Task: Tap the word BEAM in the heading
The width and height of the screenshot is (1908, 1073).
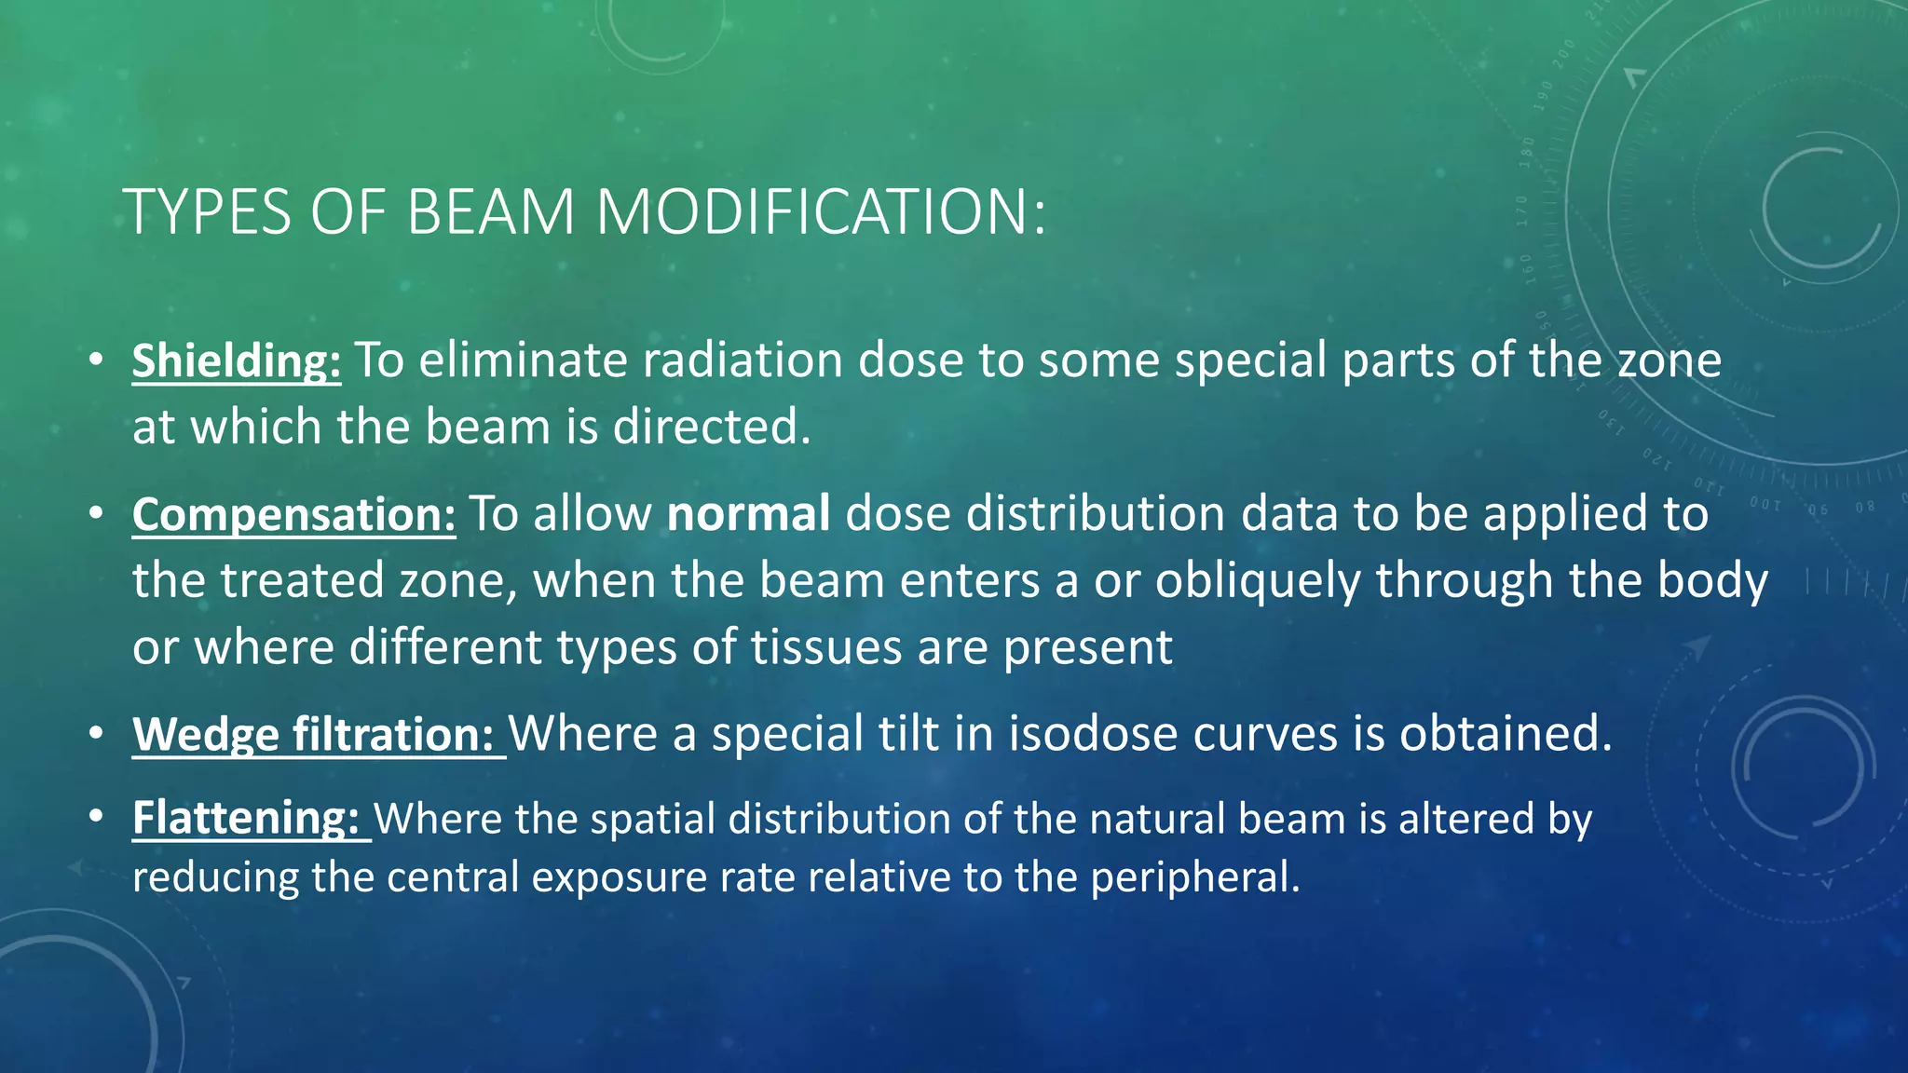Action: click(491, 212)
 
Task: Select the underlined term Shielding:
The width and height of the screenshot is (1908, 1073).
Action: click(237, 361)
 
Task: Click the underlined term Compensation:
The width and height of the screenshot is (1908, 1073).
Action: click(293, 515)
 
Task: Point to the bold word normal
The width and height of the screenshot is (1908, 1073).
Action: click(748, 515)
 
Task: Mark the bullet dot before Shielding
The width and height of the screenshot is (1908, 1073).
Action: click(97, 360)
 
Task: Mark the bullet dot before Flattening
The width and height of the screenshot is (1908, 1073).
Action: click(97, 818)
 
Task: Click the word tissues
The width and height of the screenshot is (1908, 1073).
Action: click(826, 647)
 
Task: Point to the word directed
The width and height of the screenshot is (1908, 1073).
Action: click(711, 428)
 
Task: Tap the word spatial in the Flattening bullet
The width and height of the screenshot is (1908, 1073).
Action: click(651, 820)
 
